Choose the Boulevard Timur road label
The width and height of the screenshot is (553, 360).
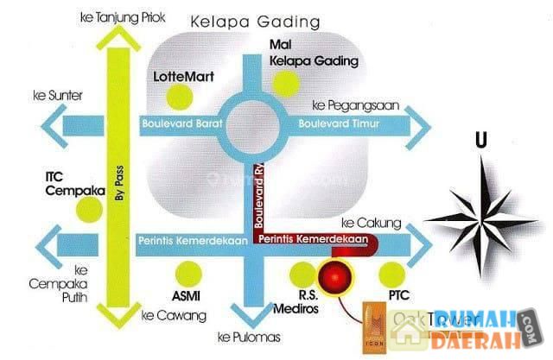click(x=340, y=124)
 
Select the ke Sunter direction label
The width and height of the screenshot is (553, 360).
click(x=51, y=93)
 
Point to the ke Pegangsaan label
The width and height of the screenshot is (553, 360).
click(x=349, y=105)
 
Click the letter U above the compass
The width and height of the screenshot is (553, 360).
click(x=480, y=139)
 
